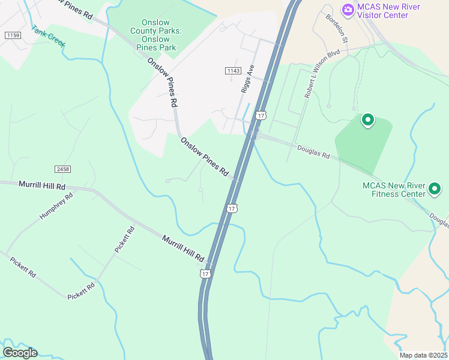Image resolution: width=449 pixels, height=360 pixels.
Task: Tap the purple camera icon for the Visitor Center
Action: tap(348, 10)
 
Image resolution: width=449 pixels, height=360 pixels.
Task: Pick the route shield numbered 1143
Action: tap(234, 71)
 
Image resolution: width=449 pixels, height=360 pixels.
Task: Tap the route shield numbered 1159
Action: tap(12, 36)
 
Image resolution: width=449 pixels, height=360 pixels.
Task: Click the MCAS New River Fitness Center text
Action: tap(393, 190)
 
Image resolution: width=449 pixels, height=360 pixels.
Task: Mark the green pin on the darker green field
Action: tap(367, 121)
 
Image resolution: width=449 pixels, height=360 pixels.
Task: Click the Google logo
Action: tap(20, 353)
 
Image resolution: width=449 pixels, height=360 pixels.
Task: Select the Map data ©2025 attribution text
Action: tap(423, 355)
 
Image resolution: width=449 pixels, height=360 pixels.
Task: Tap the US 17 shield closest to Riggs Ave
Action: tap(260, 115)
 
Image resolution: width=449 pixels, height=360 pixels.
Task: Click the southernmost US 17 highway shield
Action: tap(205, 273)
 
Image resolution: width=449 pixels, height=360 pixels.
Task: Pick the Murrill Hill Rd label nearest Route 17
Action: tap(182, 248)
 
